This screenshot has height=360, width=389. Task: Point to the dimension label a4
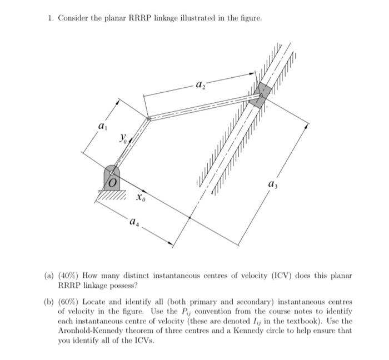133,223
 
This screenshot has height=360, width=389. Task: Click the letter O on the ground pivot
113,182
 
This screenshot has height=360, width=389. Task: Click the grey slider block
260,95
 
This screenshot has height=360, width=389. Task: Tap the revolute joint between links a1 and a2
148,118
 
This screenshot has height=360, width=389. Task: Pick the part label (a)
49,276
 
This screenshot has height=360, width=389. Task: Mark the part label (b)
49,302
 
